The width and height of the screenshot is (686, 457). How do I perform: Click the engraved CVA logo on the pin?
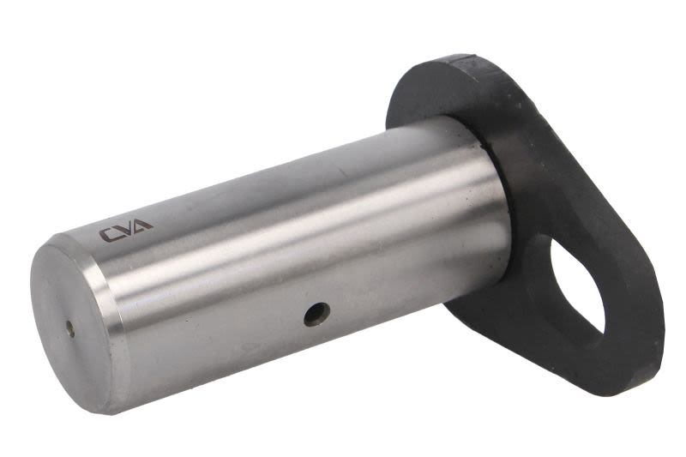pos(126,230)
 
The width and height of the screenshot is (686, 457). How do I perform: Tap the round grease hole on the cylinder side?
pos(317,314)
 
